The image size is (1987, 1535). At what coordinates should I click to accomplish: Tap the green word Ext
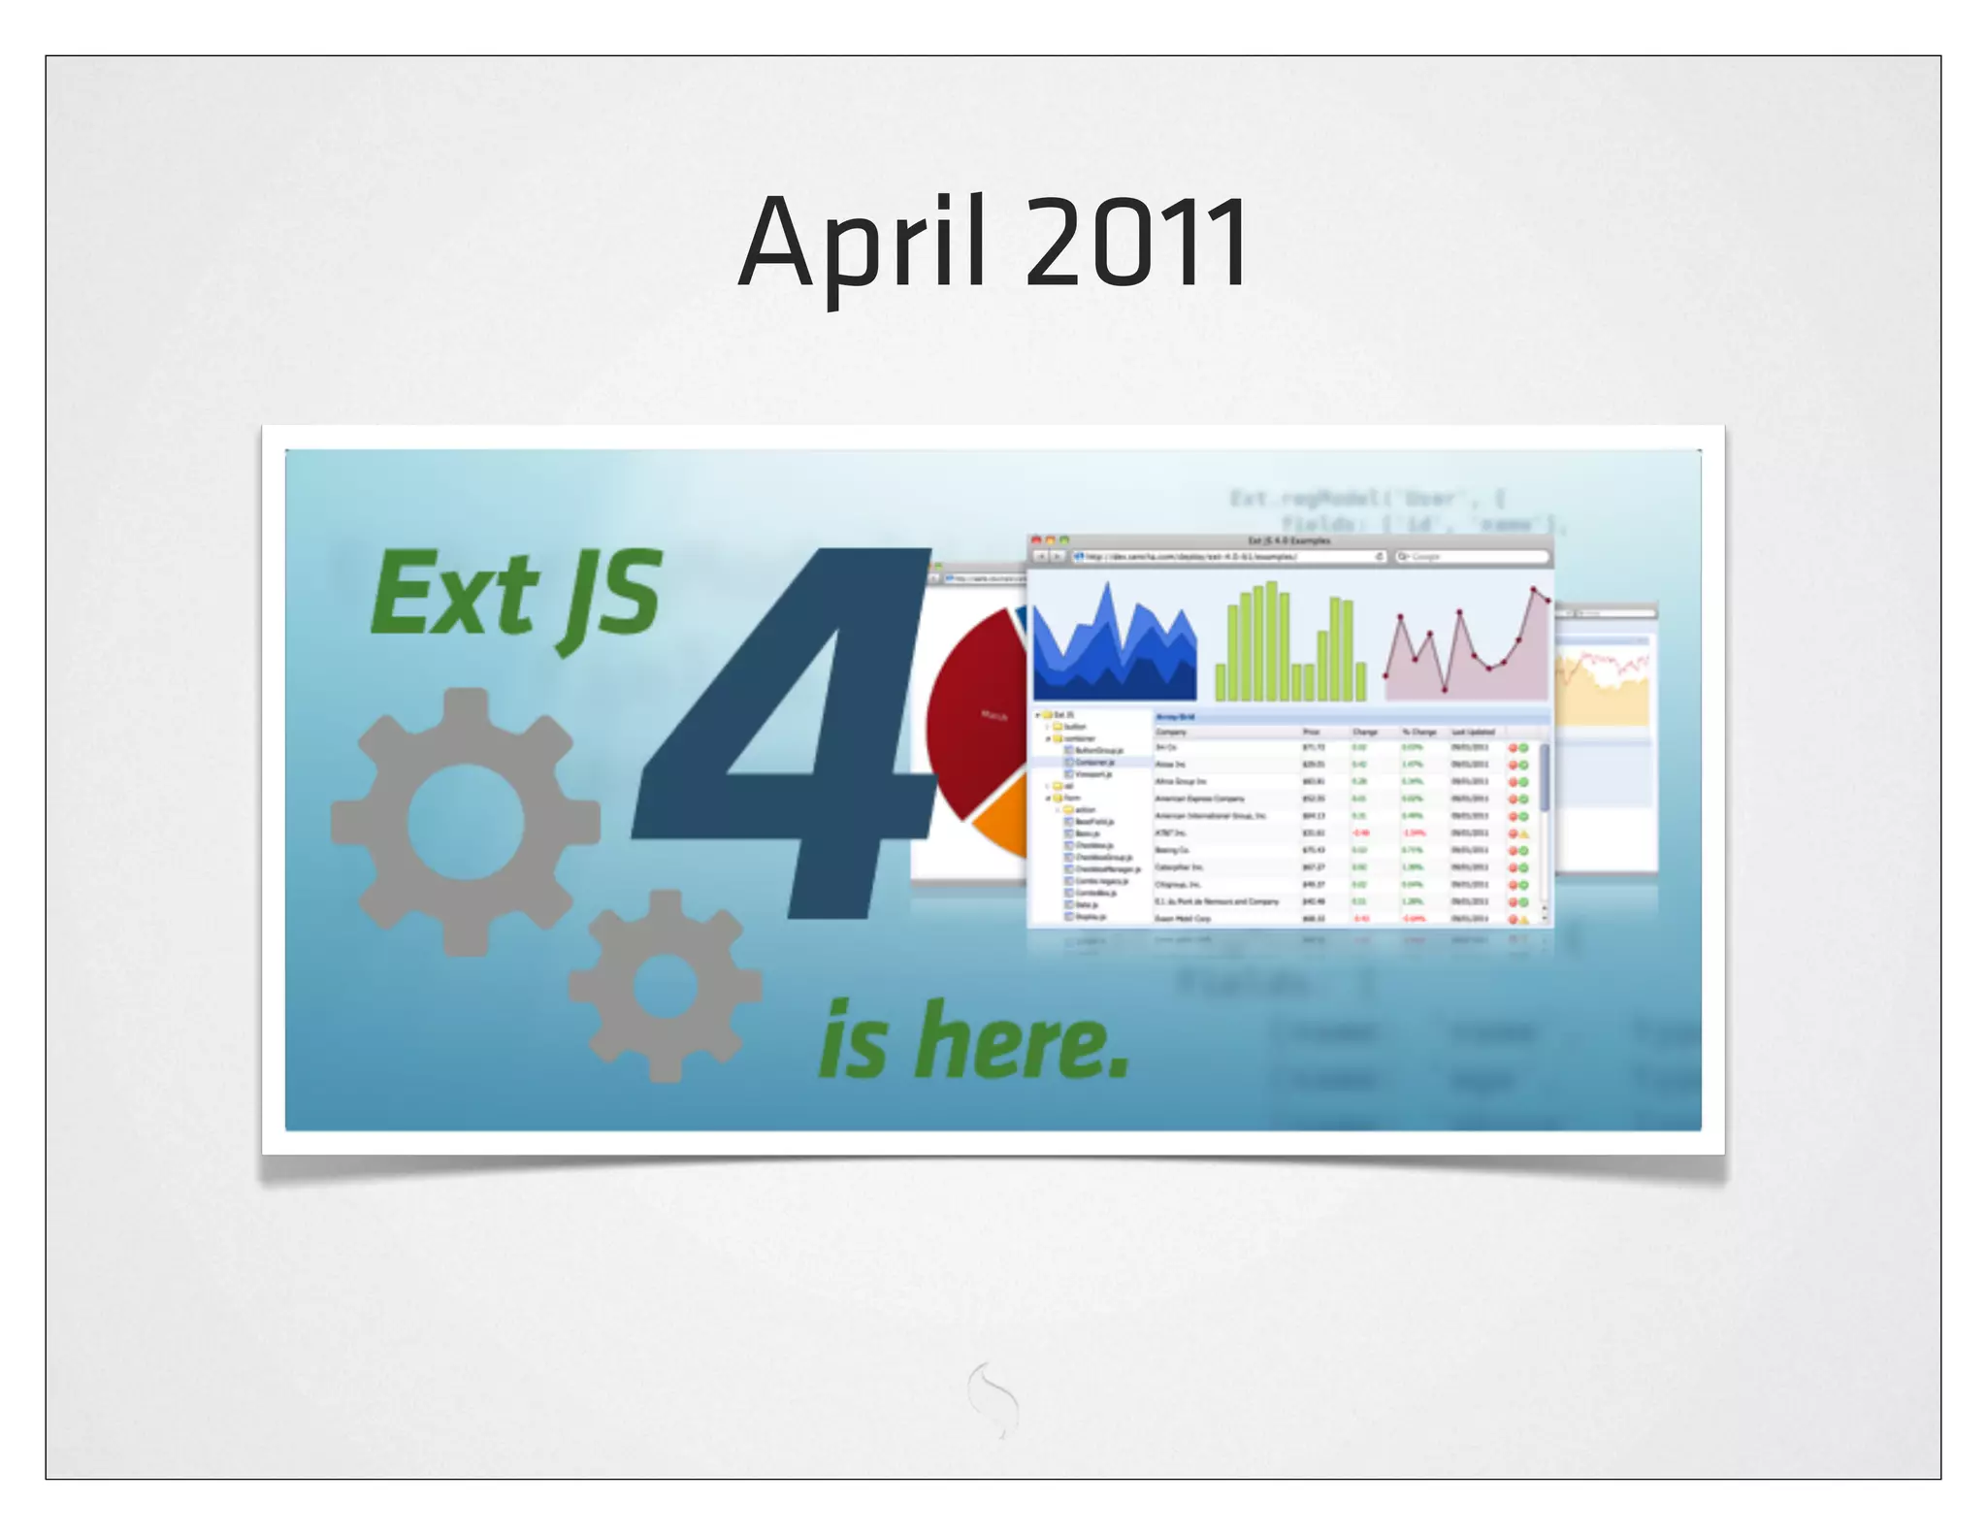(x=454, y=594)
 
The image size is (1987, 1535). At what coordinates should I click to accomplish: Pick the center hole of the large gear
(x=466, y=823)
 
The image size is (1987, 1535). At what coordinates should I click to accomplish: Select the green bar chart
(x=1290, y=645)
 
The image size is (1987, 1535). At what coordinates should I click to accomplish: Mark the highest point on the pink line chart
(x=1534, y=589)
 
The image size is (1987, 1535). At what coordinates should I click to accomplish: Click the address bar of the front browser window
(x=1227, y=557)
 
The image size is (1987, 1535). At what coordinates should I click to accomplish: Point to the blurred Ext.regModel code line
(x=1368, y=499)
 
